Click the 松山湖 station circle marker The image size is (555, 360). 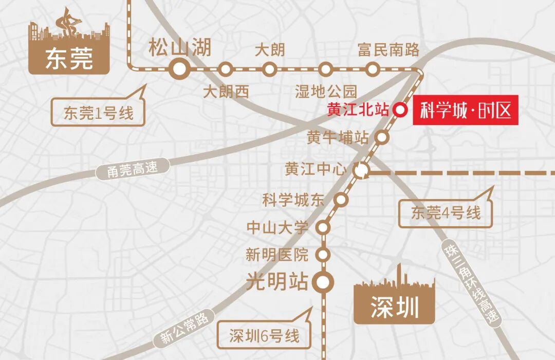click(180, 68)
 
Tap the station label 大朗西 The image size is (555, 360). click(226, 92)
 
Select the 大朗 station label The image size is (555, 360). click(270, 50)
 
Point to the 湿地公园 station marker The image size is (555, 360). click(325, 68)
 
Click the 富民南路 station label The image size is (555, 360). click(388, 50)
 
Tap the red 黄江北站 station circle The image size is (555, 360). click(400, 110)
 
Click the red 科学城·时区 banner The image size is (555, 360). click(466, 110)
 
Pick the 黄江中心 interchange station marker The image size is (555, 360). click(362, 170)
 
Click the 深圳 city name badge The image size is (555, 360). click(394, 308)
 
